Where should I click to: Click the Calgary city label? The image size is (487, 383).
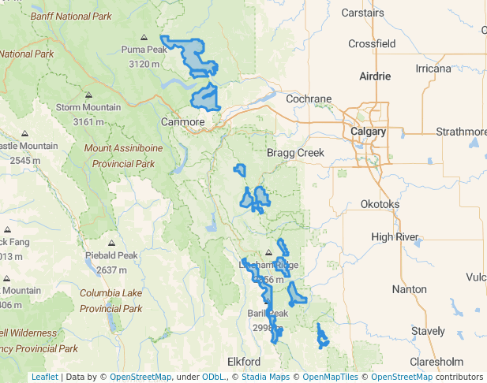pyautogui.click(x=369, y=132)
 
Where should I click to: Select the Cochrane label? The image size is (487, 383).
pyautogui.click(x=309, y=99)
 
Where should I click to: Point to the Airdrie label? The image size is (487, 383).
pyautogui.click(x=375, y=76)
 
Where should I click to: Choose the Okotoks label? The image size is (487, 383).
pyautogui.click(x=380, y=204)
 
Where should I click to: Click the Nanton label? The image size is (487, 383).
pyautogui.click(x=409, y=289)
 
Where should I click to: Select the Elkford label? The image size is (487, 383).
pyautogui.click(x=244, y=361)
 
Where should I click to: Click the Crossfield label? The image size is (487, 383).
pyautogui.click(x=372, y=44)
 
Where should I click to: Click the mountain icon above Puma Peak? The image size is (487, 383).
pyautogui.click(x=144, y=37)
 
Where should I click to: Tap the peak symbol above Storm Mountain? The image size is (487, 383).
pyautogui.click(x=88, y=95)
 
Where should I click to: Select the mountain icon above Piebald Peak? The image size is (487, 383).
pyautogui.click(x=111, y=243)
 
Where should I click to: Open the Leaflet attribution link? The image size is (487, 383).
pyautogui.click(x=44, y=377)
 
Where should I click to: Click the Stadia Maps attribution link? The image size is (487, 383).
pyautogui.click(x=264, y=377)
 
